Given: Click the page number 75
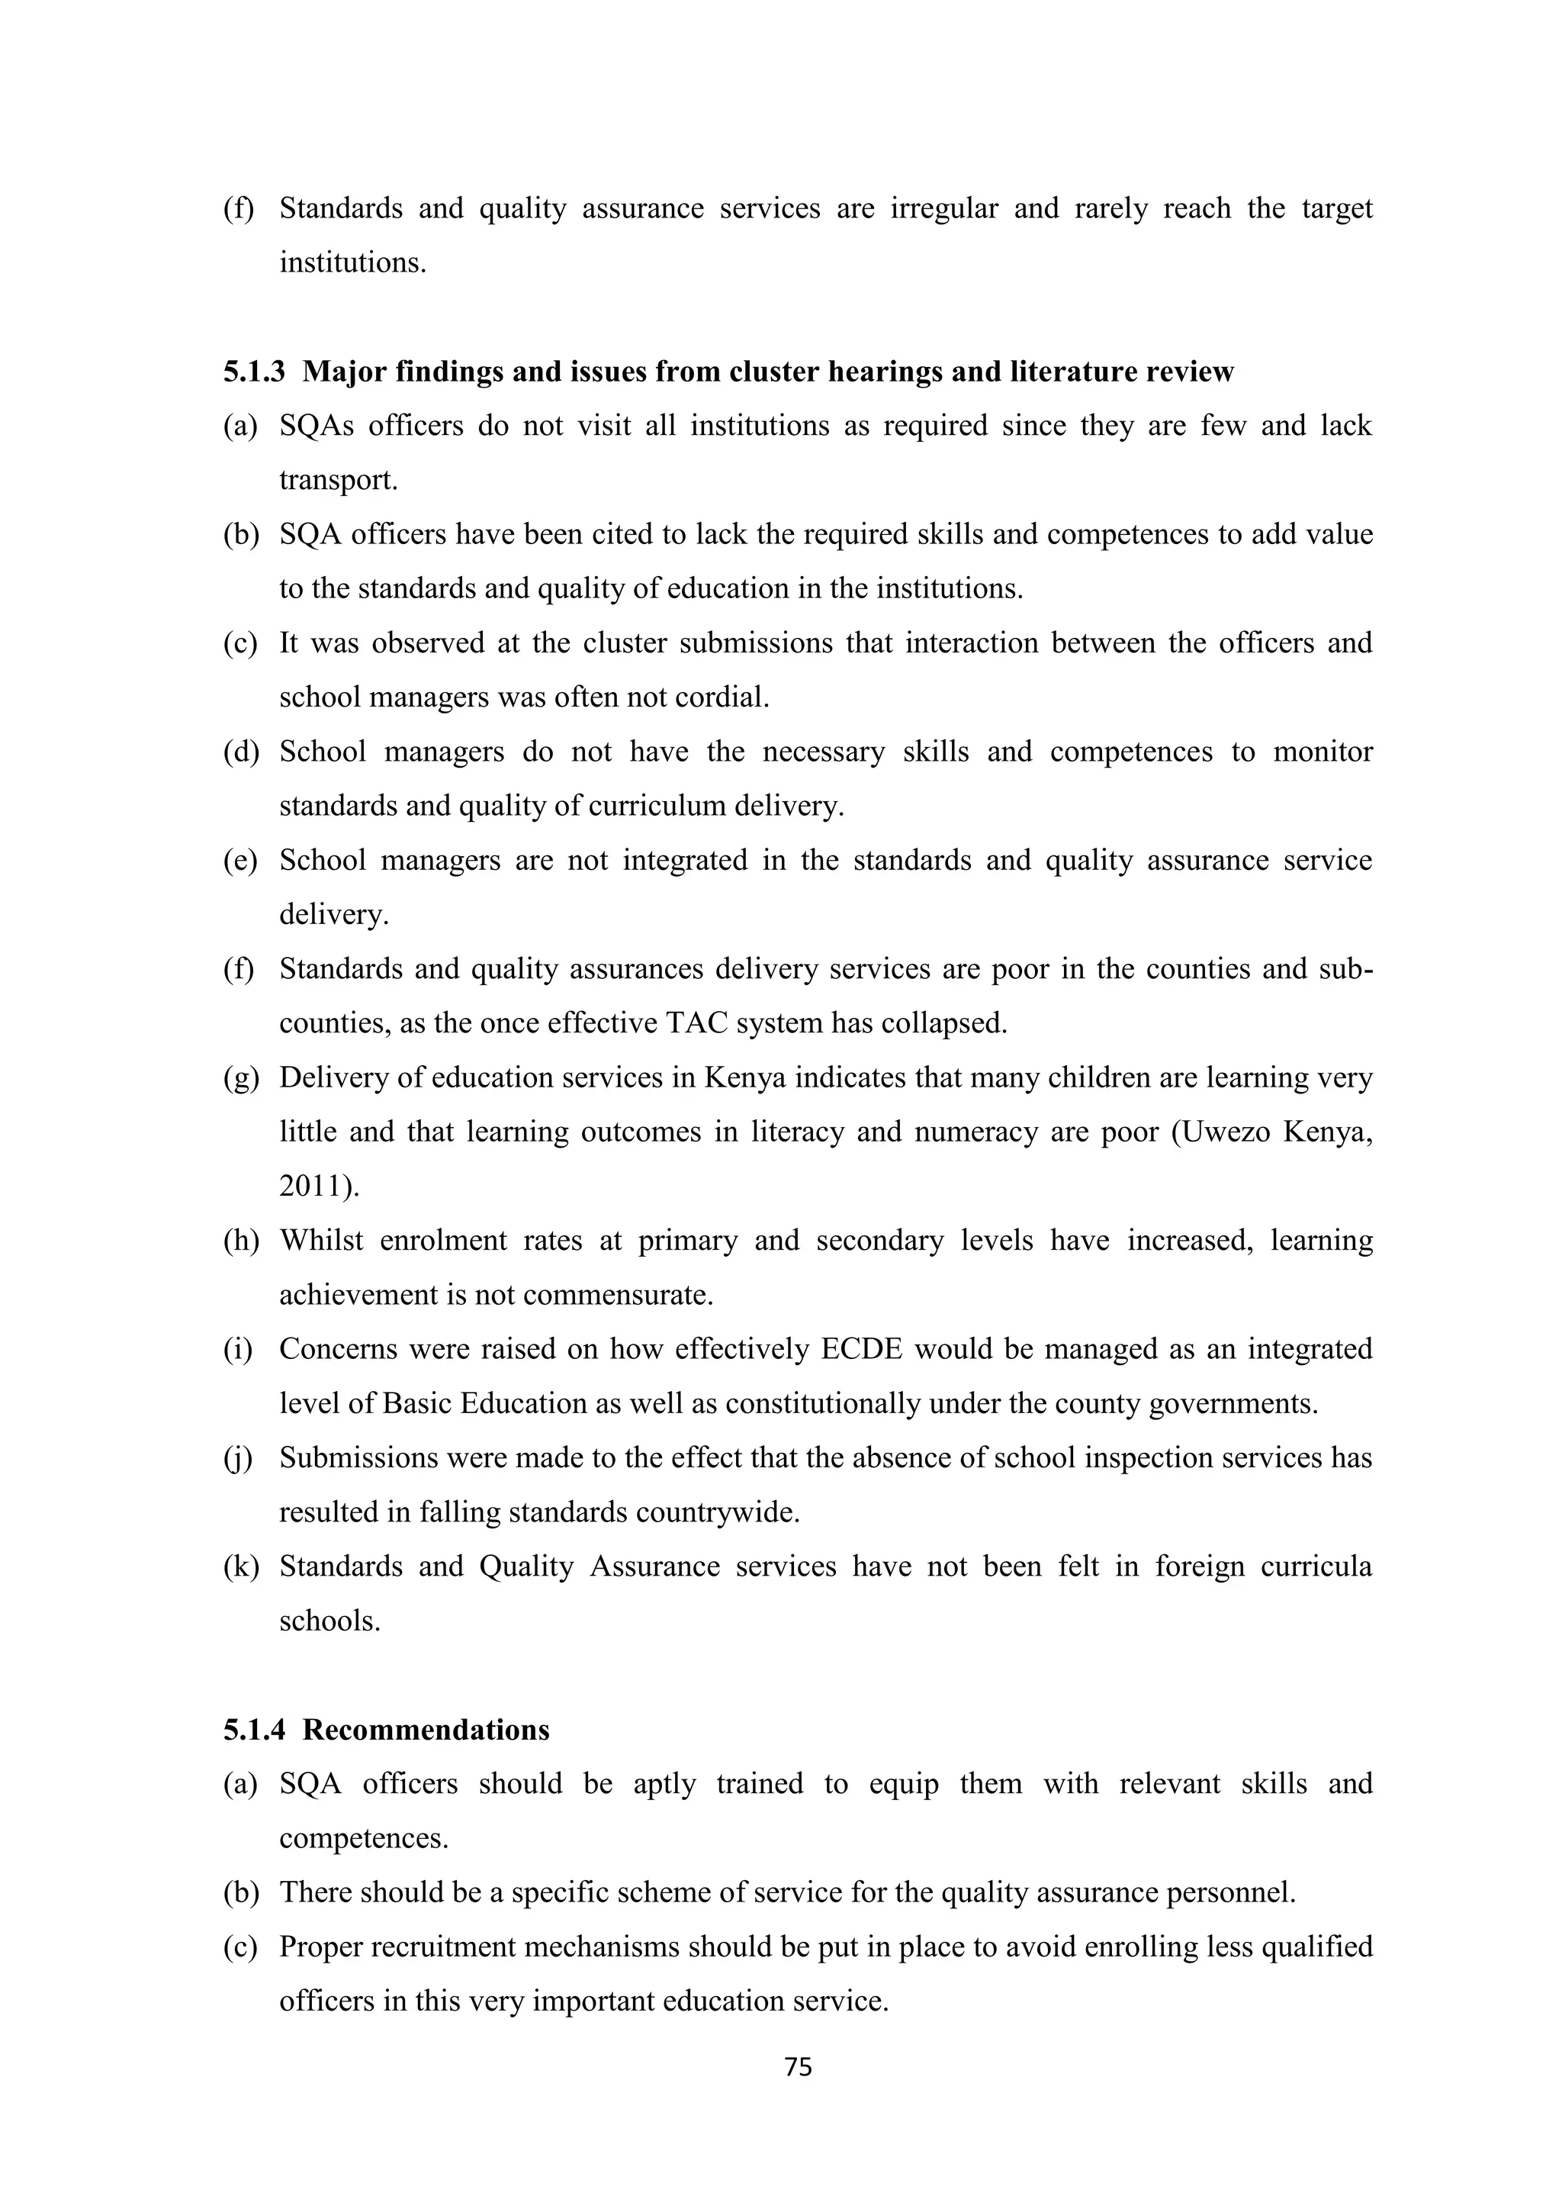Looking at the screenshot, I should point(799,2066).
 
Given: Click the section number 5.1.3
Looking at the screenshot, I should point(254,372).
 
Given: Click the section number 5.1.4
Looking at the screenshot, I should point(254,1730).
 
